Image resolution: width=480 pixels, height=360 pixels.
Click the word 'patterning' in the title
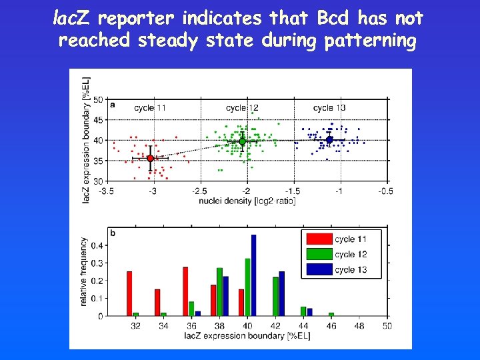pyautogui.click(x=370, y=41)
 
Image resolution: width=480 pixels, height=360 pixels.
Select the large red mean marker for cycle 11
pyautogui.click(x=150, y=158)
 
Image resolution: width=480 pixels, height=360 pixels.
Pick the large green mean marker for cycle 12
pyautogui.click(x=243, y=141)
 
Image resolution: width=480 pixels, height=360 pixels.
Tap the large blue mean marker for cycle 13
pyautogui.click(x=329, y=140)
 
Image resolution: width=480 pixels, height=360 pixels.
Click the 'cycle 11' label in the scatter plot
pyautogui.click(x=150, y=108)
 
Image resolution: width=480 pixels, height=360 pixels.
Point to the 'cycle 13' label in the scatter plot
pyautogui.click(x=329, y=108)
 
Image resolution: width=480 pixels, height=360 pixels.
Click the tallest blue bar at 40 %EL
pyautogui.click(x=253, y=275)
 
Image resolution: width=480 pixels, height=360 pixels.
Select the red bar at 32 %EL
pyautogui.click(x=129, y=293)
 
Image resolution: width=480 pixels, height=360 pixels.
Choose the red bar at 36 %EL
pyautogui.click(x=185, y=291)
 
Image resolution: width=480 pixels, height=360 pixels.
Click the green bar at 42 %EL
pyautogui.click(x=275, y=296)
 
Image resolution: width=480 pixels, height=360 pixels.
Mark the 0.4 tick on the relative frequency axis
pyautogui.click(x=97, y=245)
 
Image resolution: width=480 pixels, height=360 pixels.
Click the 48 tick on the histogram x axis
pyautogui.click(x=359, y=326)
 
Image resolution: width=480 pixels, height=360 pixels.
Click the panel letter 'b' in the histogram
pyautogui.click(x=113, y=233)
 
